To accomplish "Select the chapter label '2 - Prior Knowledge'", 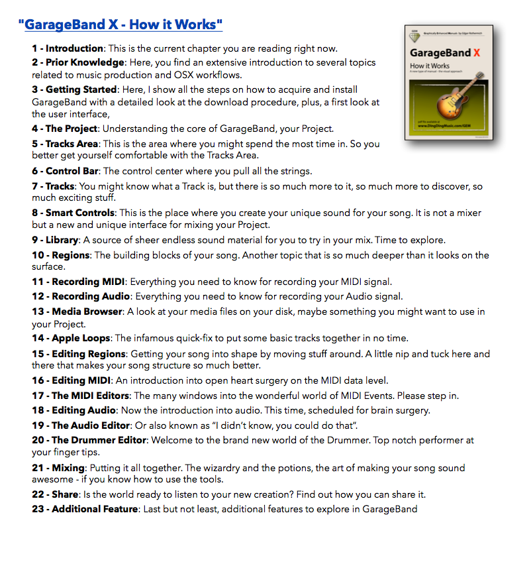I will coord(78,62).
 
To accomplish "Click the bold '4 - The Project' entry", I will coord(65,129).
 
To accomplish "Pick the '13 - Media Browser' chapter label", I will coord(77,311).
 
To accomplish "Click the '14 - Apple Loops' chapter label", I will coord(71,338).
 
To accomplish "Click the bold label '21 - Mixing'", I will coord(58,468).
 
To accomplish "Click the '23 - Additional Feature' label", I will coord(85,509).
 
